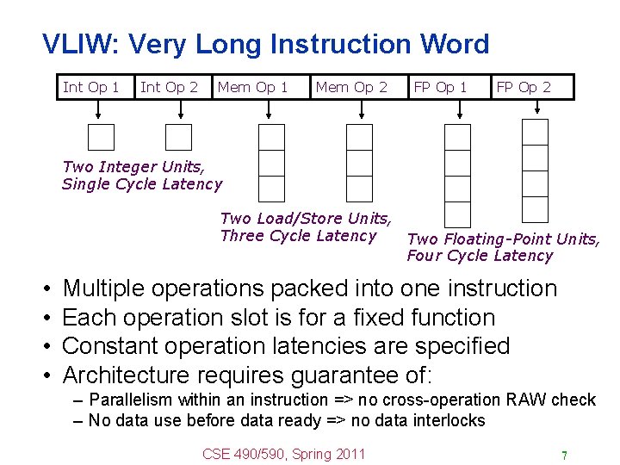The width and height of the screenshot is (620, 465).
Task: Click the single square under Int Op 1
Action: (101, 138)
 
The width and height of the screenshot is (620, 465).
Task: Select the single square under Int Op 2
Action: (178, 138)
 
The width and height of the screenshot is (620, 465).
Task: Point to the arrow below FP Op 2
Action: (537, 108)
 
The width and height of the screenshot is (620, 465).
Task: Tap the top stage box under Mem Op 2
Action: (359, 138)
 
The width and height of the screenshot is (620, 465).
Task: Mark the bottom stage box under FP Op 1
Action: (457, 214)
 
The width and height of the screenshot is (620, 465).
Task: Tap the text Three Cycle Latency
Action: (298, 236)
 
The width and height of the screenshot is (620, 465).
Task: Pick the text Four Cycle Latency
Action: (480, 255)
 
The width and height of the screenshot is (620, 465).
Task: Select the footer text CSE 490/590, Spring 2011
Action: (284, 454)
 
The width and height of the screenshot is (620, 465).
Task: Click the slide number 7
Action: (563, 455)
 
